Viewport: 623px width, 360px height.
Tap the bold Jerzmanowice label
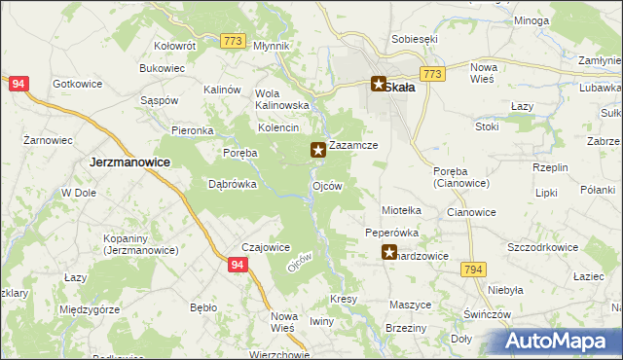130,162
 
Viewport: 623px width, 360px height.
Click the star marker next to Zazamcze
317,150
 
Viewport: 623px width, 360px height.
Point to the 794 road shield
474,270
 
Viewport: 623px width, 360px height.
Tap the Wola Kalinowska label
281,98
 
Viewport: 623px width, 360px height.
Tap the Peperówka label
391,234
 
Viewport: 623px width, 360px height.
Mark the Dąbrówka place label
233,183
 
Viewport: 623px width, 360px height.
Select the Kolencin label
277,128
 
